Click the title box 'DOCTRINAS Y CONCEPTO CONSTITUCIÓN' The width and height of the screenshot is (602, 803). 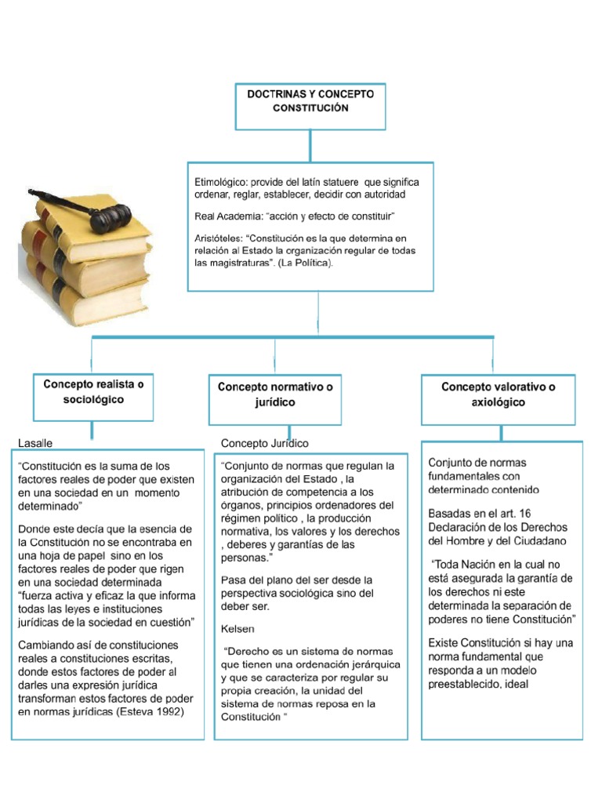pyautogui.click(x=310, y=105)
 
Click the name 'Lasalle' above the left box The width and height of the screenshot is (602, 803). pyautogui.click(x=35, y=444)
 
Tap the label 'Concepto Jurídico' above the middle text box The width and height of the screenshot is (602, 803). pyautogui.click(x=265, y=444)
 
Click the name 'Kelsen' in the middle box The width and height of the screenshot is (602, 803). pyautogui.click(x=238, y=629)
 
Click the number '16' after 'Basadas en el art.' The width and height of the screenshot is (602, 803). pyautogui.click(x=546, y=513)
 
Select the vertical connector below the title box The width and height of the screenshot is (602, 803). pyautogui.click(x=310, y=146)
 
